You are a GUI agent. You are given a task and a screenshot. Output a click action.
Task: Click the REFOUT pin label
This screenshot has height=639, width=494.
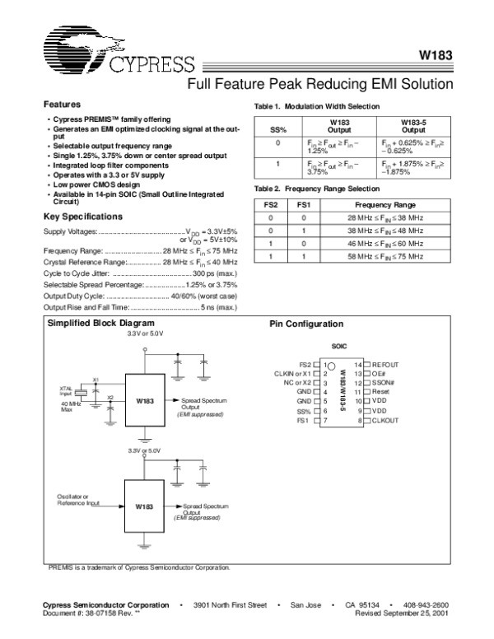click(x=385, y=364)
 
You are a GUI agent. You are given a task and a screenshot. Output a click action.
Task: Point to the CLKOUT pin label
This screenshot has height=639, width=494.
click(x=385, y=421)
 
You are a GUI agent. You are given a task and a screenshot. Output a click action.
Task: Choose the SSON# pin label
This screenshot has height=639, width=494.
click(x=384, y=383)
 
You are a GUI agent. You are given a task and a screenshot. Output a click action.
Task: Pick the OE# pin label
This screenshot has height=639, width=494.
click(x=380, y=373)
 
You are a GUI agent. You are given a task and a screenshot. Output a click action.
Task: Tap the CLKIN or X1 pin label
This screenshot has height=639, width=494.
click(x=293, y=373)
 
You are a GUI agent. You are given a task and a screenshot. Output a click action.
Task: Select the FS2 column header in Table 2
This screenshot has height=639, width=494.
click(x=271, y=203)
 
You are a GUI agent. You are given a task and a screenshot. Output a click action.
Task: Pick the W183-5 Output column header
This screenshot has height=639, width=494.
click(x=408, y=126)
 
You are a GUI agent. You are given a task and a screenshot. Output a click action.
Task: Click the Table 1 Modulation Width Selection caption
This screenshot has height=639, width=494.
click(x=318, y=107)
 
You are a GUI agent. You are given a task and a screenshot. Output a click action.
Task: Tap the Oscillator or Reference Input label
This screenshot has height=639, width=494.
click(x=78, y=499)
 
